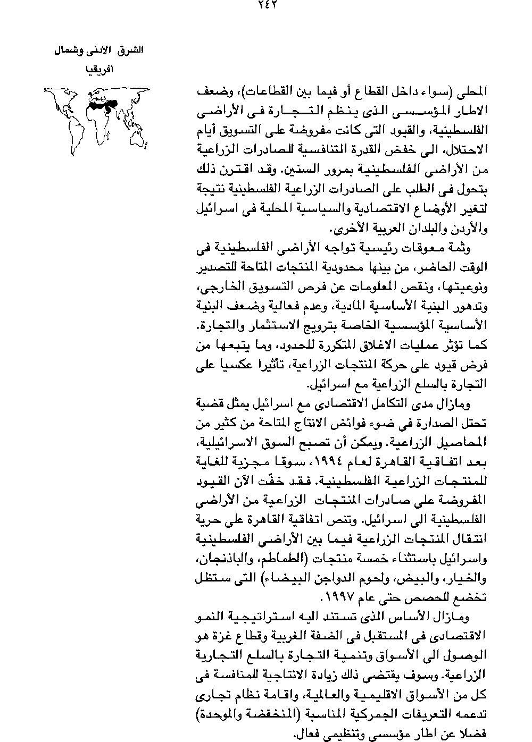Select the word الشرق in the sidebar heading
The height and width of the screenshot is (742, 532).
click(131, 51)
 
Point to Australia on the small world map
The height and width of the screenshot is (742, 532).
click(140, 139)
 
